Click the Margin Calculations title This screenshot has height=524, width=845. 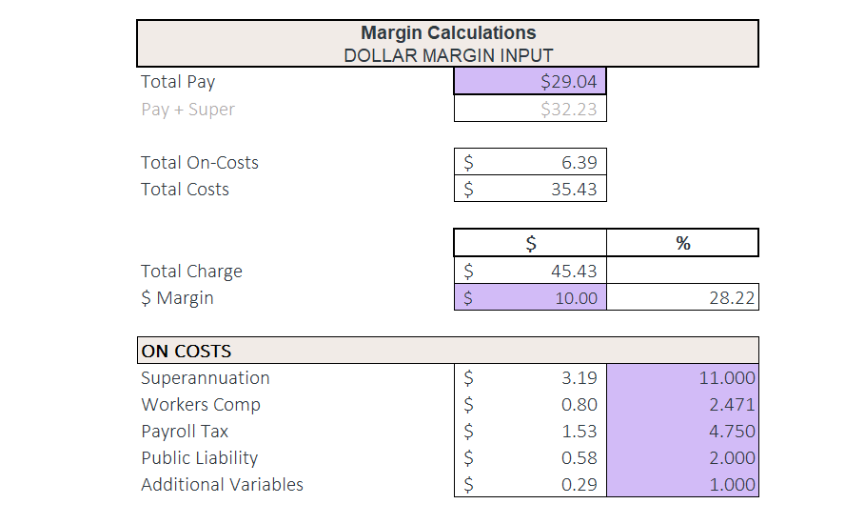pyautogui.click(x=447, y=33)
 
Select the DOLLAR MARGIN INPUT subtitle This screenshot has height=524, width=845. pyautogui.click(x=447, y=55)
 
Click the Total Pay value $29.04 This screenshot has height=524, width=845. pyautogui.click(x=568, y=82)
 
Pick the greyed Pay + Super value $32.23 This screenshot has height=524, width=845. pyautogui.click(x=568, y=109)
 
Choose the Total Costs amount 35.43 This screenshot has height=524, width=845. pyautogui.click(x=574, y=189)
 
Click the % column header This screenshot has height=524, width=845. pyautogui.click(x=682, y=244)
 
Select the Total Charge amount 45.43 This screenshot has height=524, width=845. pyautogui.click(x=574, y=271)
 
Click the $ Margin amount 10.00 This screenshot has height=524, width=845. pyautogui.click(x=576, y=298)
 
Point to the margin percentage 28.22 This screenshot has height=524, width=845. pyautogui.click(x=732, y=298)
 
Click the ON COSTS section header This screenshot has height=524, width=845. pyautogui.click(x=187, y=351)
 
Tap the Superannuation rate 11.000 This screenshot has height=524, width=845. pyautogui.click(x=727, y=377)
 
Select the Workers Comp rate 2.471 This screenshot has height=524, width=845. pyautogui.click(x=732, y=404)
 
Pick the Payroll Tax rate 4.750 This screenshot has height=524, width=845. pyautogui.click(x=732, y=431)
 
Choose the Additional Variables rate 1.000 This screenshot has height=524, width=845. pyautogui.click(x=732, y=484)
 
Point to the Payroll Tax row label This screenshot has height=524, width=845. pyautogui.click(x=185, y=431)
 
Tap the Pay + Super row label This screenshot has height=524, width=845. pyautogui.click(x=187, y=109)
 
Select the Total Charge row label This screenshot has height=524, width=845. pyautogui.click(x=191, y=271)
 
